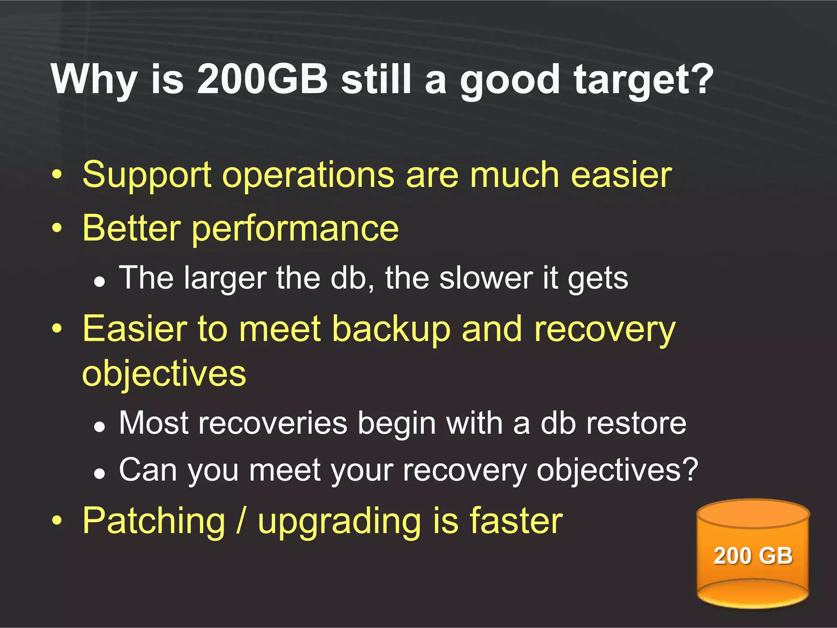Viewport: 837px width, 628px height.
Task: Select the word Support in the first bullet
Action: coord(147,175)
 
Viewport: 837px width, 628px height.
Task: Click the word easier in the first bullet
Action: coord(621,175)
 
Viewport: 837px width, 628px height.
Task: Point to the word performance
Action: coord(295,229)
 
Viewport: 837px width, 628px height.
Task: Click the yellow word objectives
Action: coord(164,374)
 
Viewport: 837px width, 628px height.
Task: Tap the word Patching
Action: coord(154,521)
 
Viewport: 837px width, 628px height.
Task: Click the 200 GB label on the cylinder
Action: coord(753,556)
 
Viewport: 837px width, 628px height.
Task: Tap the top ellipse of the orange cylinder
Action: coord(753,514)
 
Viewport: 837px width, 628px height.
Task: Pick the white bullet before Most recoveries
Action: coord(99,427)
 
